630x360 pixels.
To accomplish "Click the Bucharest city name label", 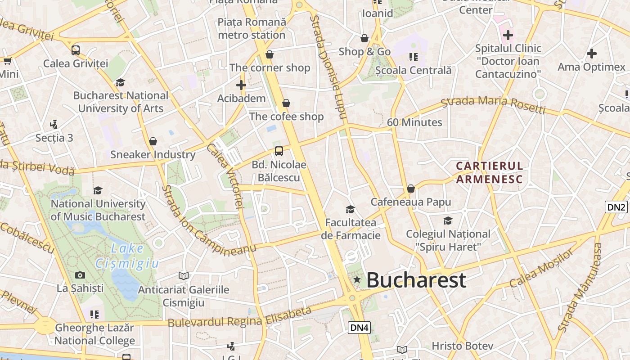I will click(416, 280).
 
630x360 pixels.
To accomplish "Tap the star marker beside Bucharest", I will click(357, 280).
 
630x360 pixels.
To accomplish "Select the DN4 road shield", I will click(359, 328).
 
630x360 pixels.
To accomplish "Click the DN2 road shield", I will click(616, 207).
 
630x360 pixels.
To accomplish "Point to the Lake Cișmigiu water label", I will click(127, 256).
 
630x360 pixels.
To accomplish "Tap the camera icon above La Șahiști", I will click(80, 275).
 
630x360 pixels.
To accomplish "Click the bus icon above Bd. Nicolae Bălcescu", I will click(279, 151).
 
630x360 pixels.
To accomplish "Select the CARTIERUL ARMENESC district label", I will click(489, 173).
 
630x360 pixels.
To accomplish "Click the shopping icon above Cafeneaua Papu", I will click(410, 189).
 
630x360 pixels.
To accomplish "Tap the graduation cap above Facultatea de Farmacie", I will click(350, 209).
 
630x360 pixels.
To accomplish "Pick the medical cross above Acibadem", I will click(241, 85).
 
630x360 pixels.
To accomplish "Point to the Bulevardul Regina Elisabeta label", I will click(239, 317).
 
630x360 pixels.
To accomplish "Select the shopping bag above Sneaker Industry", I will click(153, 141).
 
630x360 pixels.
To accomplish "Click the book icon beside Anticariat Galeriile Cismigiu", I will click(184, 275).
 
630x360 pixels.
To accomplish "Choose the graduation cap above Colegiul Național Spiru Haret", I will click(448, 220).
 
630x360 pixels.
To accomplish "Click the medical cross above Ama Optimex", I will click(591, 54).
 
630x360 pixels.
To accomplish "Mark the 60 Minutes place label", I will click(414, 122).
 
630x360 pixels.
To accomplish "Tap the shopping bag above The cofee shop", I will click(286, 103).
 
